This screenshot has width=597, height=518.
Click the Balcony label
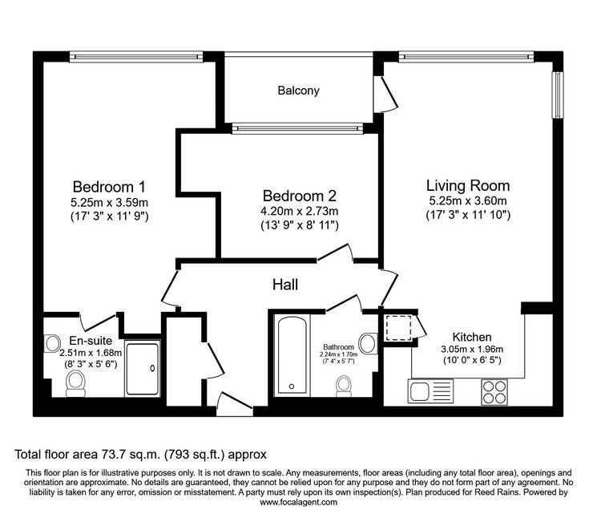[x=298, y=91]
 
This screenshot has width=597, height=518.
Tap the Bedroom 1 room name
[x=109, y=187]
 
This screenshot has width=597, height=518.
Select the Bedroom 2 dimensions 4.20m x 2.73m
[x=299, y=211]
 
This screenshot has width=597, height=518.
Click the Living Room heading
[x=467, y=185]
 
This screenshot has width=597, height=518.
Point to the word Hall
[x=285, y=285]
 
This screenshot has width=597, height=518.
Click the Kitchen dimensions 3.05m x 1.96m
[x=472, y=349]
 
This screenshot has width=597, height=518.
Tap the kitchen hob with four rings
[x=494, y=392]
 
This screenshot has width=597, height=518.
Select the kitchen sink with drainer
[x=430, y=391]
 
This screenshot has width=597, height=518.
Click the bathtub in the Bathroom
[x=292, y=355]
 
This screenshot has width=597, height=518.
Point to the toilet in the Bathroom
[x=344, y=386]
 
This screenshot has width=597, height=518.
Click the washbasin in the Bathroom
[x=368, y=343]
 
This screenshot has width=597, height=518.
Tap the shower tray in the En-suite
[x=143, y=369]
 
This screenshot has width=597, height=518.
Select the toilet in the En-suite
[x=75, y=384]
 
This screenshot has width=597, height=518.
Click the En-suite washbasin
[x=53, y=343]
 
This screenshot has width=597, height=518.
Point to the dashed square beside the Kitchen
[x=398, y=328]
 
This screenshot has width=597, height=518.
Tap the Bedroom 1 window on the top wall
[x=136, y=57]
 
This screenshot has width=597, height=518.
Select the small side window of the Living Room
[x=558, y=95]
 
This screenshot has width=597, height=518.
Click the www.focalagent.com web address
[x=298, y=502]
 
